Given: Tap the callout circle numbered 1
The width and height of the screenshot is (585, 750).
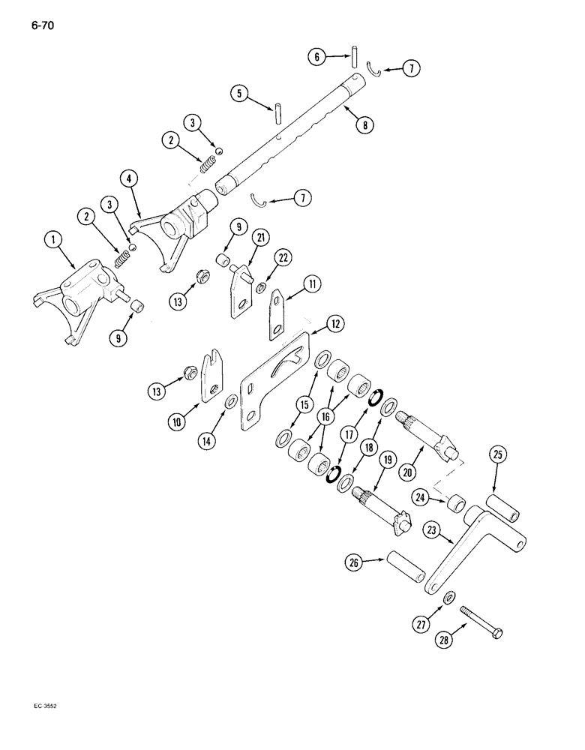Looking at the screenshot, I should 52,241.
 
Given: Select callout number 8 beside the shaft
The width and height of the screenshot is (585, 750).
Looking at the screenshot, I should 365,125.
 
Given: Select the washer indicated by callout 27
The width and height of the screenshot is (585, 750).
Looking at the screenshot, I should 447,596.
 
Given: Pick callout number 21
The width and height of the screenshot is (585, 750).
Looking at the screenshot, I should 240,239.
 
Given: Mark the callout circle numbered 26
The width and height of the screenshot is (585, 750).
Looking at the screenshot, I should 355,562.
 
